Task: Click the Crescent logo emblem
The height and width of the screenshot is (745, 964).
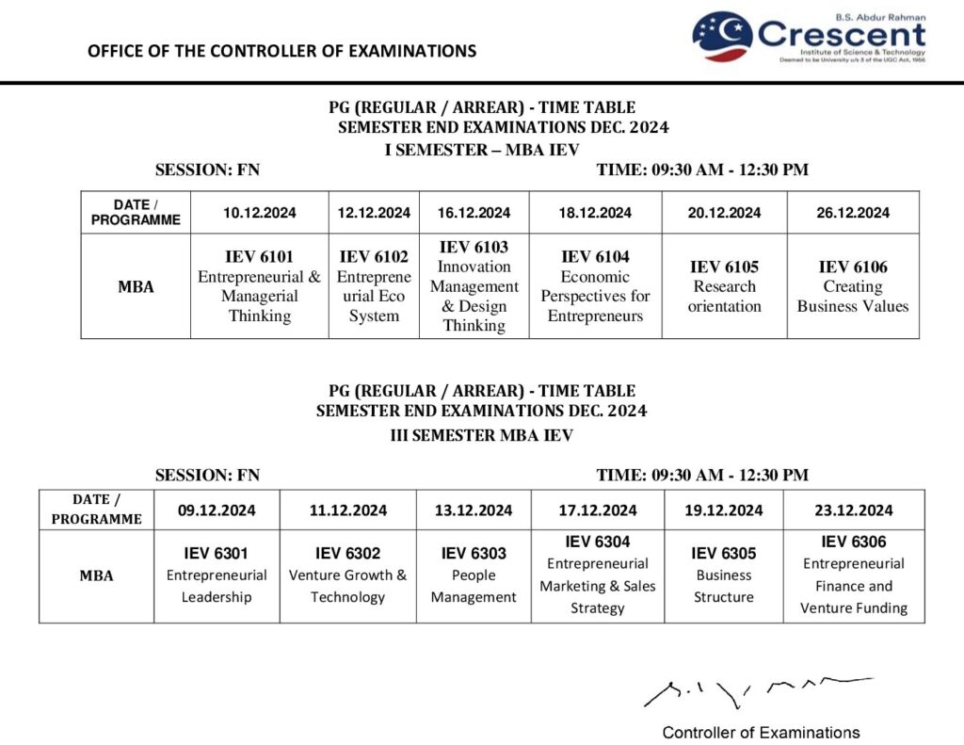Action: [x=721, y=37]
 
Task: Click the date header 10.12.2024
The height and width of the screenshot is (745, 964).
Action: [x=259, y=213]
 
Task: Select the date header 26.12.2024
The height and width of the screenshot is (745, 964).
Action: [x=852, y=213]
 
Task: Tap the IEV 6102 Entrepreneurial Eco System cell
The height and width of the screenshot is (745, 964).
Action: [x=374, y=286]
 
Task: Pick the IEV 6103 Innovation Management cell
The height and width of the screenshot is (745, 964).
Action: [x=474, y=286]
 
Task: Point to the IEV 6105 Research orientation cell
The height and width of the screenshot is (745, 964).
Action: [x=724, y=286]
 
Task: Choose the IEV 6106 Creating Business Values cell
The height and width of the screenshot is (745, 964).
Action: [x=852, y=286]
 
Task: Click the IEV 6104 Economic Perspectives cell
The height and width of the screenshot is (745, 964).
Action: [x=595, y=286]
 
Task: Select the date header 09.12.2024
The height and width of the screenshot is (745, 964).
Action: [x=217, y=510]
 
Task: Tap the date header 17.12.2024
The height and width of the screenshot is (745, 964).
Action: [x=598, y=510]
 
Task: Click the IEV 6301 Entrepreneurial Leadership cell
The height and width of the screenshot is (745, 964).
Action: [x=217, y=575]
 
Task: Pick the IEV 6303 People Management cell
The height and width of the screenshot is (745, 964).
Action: [x=474, y=575]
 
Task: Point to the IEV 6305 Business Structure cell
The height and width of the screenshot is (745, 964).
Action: [x=724, y=575]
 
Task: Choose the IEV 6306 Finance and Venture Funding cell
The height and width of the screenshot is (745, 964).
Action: [x=853, y=575]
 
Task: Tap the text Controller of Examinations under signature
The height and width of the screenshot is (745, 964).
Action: [x=761, y=733]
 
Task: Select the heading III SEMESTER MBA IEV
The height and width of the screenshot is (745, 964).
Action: [x=481, y=435]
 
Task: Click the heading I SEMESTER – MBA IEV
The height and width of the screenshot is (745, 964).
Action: [x=481, y=150]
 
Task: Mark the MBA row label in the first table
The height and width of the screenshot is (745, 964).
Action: [x=136, y=286]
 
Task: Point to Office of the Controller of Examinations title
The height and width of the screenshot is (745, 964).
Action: [x=281, y=51]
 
